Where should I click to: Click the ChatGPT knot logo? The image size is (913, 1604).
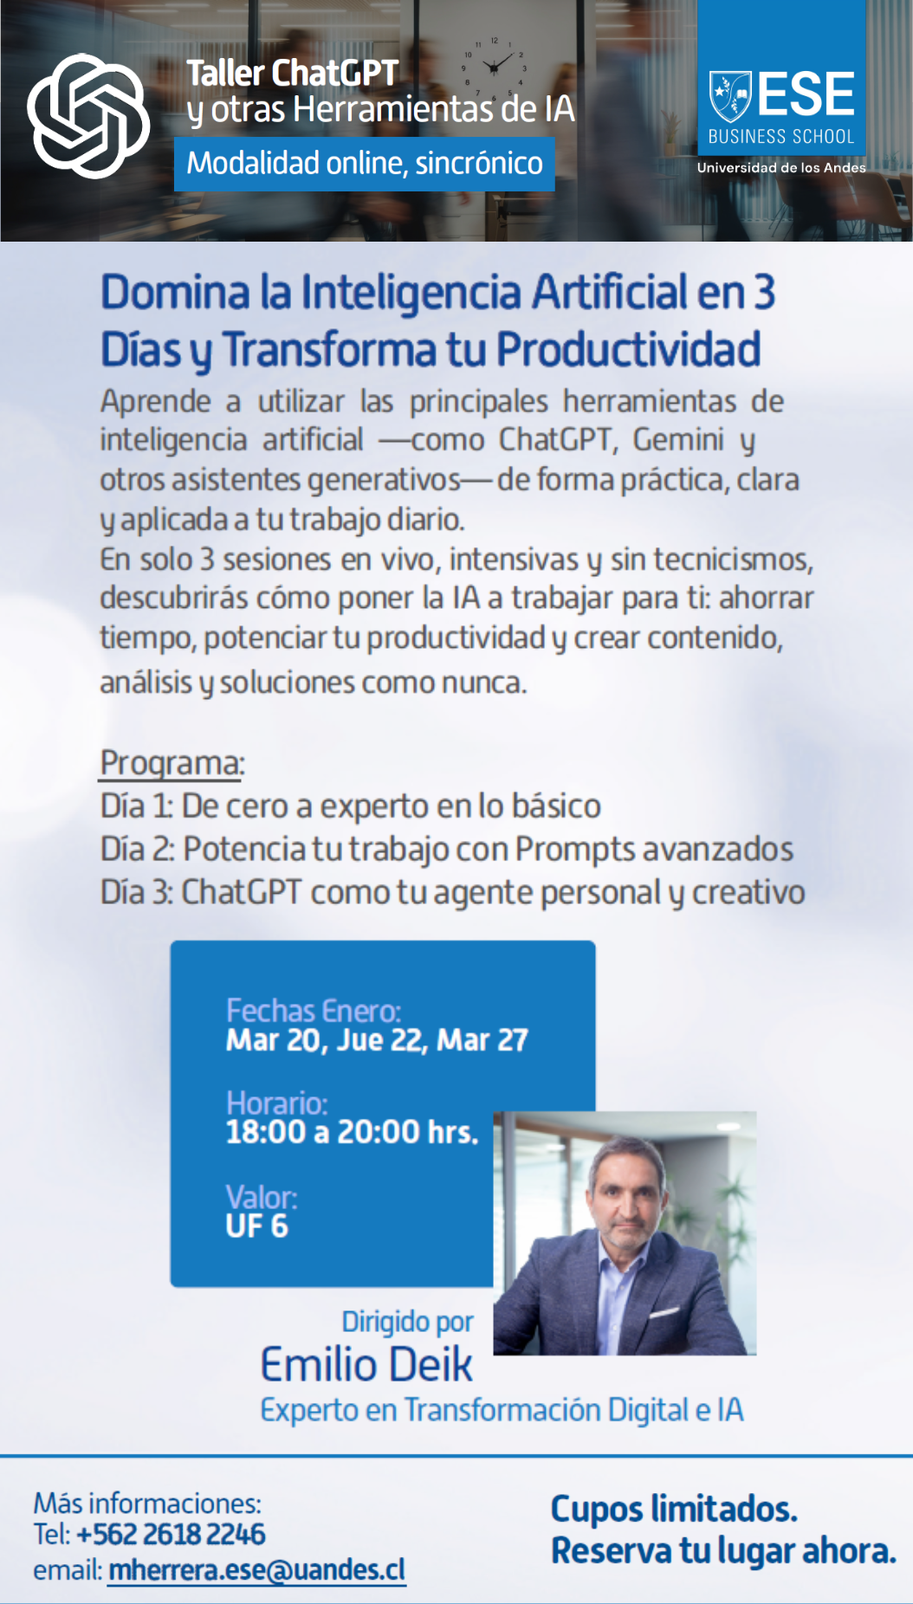[88, 116]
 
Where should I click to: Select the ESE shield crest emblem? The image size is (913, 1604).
[730, 96]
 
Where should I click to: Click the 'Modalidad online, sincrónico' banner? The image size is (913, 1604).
[365, 164]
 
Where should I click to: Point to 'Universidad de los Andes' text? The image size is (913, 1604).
[781, 168]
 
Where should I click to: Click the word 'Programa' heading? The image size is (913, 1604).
[171, 763]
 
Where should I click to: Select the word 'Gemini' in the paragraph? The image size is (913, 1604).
[678, 440]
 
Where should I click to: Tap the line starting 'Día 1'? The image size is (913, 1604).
[351, 806]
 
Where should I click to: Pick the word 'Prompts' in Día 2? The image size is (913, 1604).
[573, 850]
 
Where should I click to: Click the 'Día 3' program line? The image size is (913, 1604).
[453, 893]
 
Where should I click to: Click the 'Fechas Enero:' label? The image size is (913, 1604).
[314, 1011]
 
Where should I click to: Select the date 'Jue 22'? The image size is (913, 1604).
[382, 1039]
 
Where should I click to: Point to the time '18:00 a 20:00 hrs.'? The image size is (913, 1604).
[352, 1132]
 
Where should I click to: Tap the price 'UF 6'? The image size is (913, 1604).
[256, 1226]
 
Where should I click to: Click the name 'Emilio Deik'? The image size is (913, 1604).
[366, 1365]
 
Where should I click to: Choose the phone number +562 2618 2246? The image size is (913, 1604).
[171, 1534]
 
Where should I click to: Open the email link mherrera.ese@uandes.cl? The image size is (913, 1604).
[256, 1570]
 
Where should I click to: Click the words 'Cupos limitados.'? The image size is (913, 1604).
[674, 1509]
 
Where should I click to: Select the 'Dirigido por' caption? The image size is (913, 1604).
[407, 1322]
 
